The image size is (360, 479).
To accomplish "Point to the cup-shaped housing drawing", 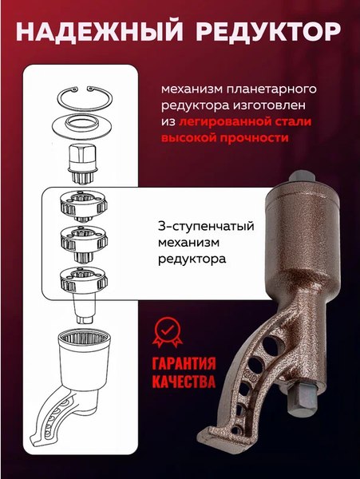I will pos(85,358).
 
